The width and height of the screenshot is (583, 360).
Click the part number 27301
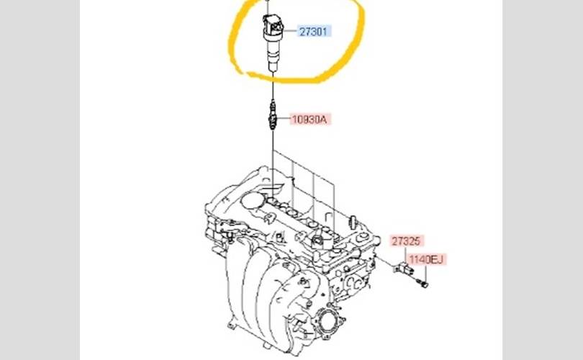(x=314, y=32)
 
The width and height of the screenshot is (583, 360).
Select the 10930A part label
(x=309, y=120)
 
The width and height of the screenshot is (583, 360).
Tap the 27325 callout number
(x=406, y=241)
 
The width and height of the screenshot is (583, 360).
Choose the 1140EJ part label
(x=426, y=259)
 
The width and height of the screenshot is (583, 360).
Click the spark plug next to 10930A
(x=273, y=115)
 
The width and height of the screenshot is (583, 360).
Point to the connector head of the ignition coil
(x=273, y=24)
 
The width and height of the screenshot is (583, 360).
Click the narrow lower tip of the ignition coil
(x=273, y=67)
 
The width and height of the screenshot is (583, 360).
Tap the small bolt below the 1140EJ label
(x=422, y=284)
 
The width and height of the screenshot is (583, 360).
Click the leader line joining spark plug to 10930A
(x=284, y=119)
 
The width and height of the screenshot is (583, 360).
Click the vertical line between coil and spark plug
(x=273, y=86)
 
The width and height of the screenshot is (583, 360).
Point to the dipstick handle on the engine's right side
(x=352, y=222)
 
